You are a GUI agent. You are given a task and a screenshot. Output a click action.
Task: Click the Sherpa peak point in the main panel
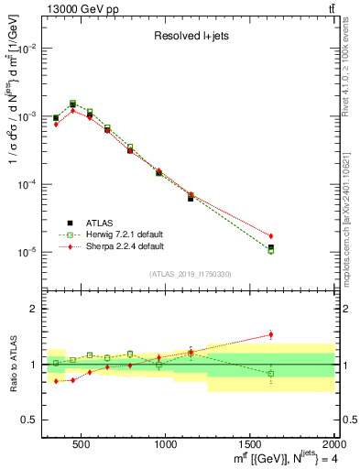click(x=72, y=111)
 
